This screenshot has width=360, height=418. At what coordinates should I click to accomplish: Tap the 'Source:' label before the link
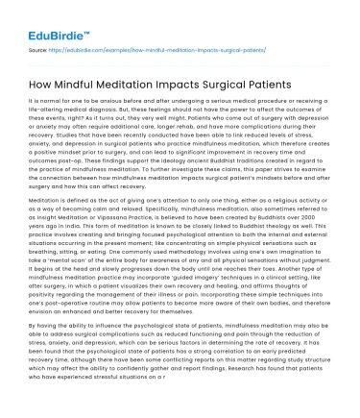coord(38,46)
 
